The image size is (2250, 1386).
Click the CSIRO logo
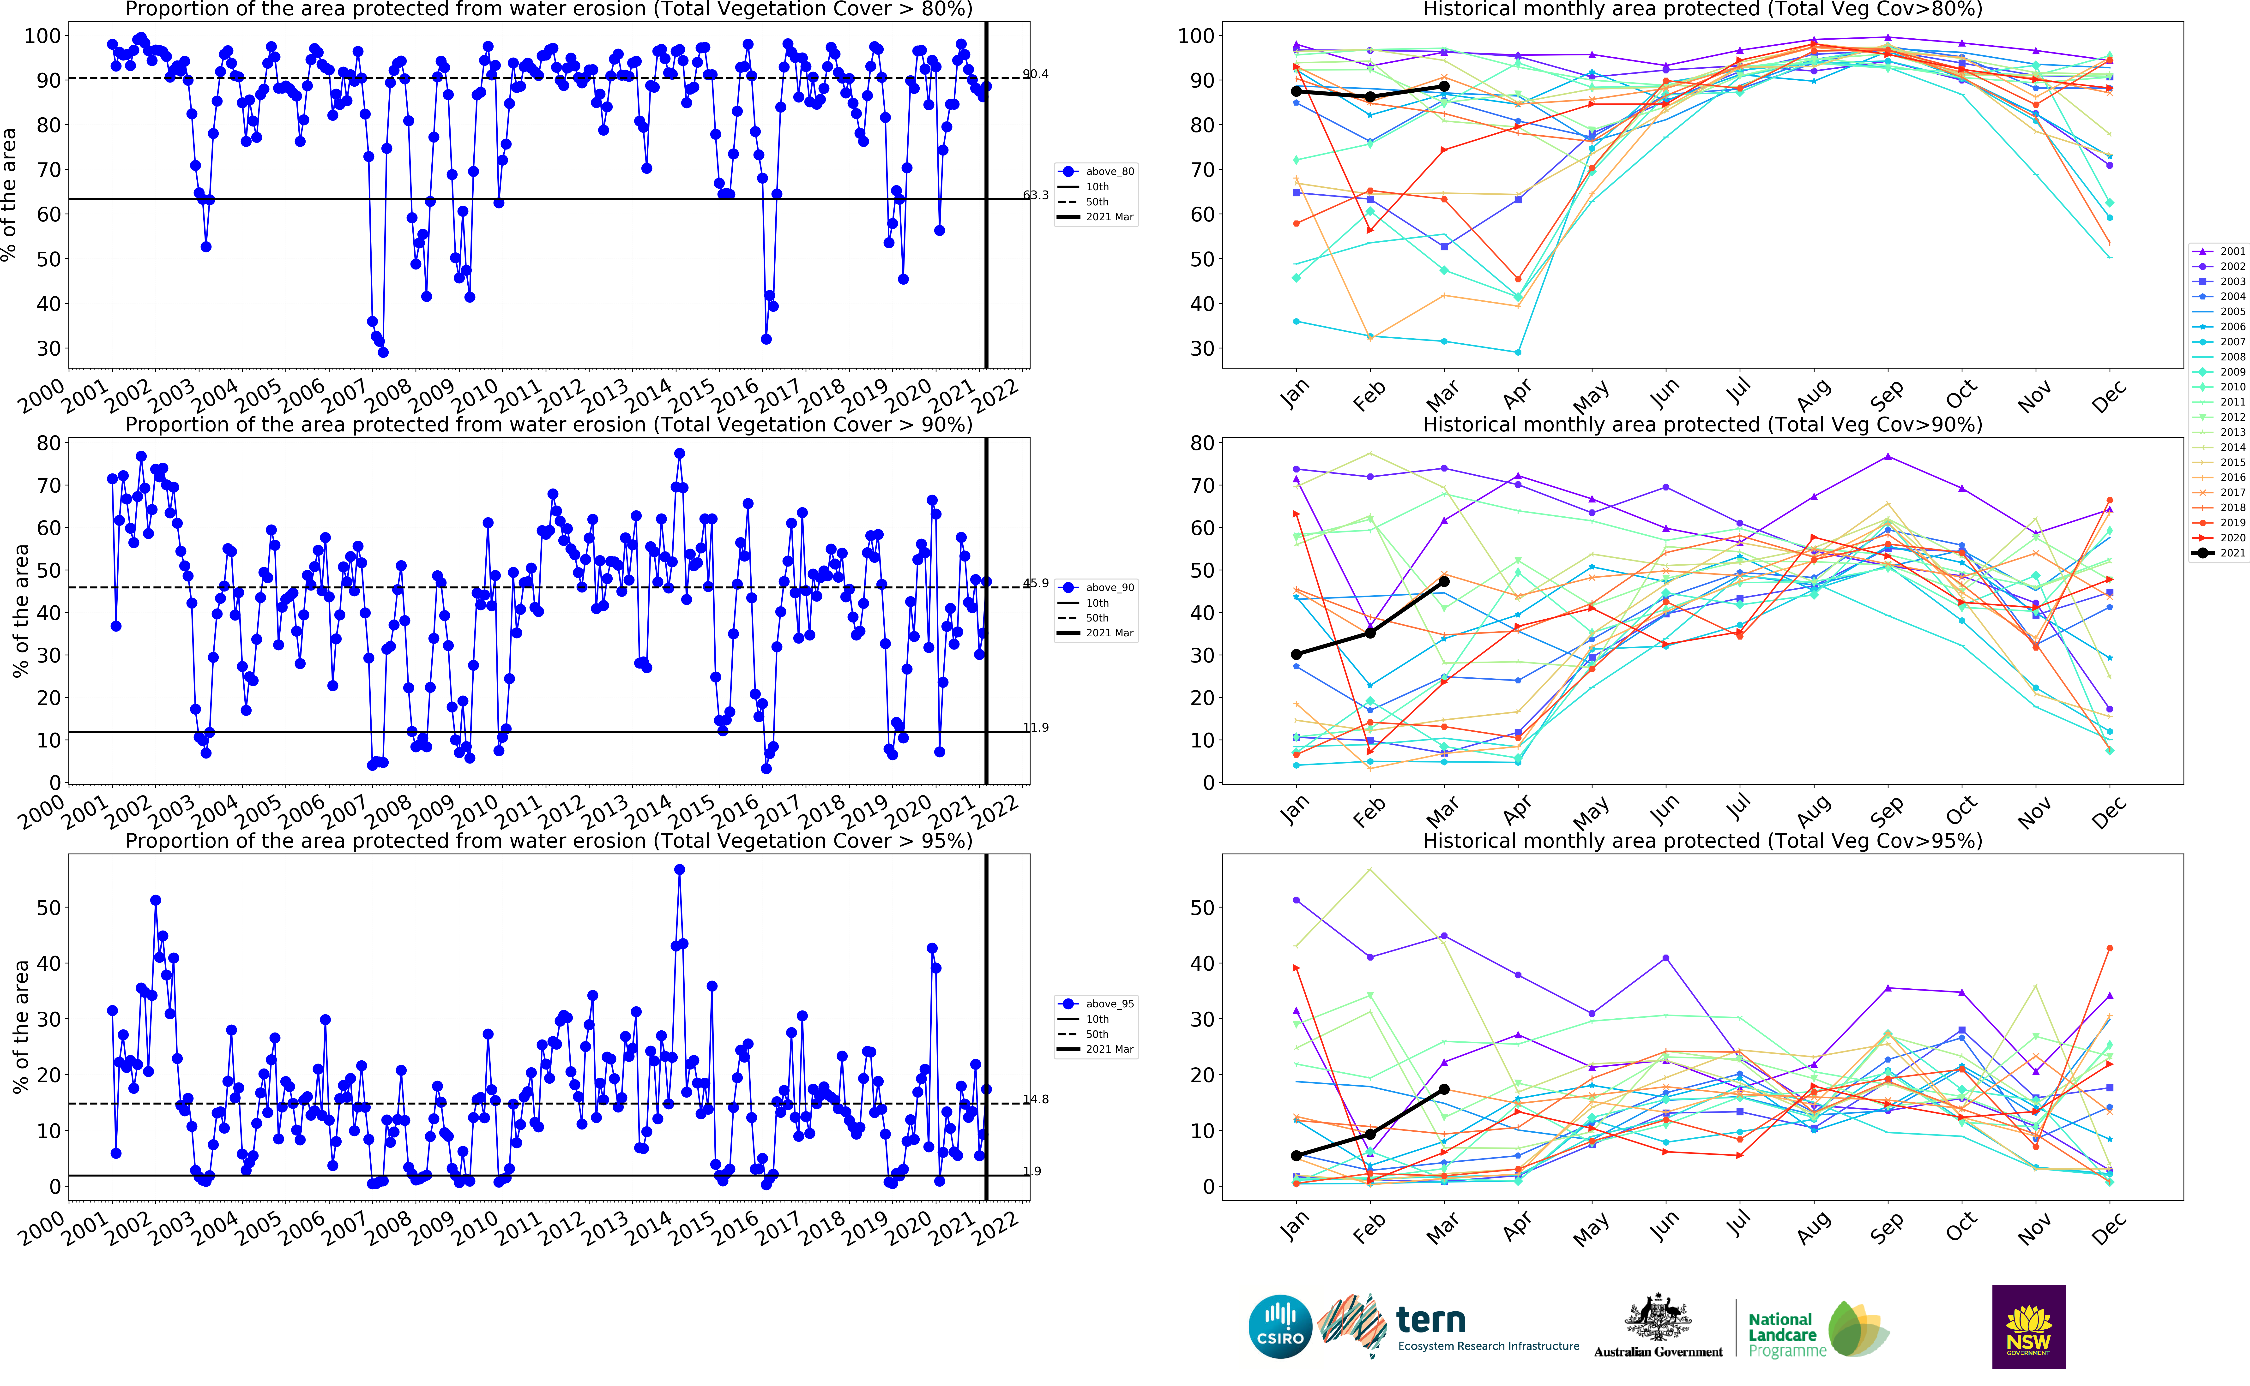(1280, 1326)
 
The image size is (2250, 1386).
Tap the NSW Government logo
(2028, 1326)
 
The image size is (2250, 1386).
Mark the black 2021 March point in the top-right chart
(1444, 86)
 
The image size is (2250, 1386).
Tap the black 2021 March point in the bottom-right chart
(1444, 1089)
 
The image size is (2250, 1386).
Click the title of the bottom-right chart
(1702, 841)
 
